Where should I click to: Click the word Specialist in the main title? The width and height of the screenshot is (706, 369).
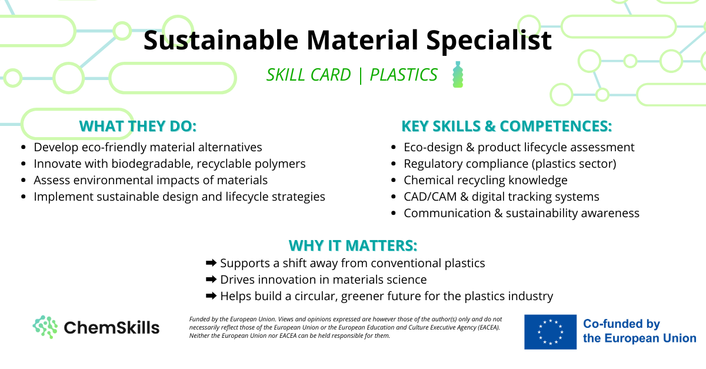(489, 41)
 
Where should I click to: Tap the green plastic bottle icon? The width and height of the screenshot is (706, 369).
(458, 74)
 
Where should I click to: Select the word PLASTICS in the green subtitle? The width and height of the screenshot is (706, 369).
(404, 75)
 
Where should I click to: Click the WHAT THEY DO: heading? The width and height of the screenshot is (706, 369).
(138, 126)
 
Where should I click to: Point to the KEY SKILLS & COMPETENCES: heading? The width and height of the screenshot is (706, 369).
(507, 126)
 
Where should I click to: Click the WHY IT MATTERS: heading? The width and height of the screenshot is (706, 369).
(353, 245)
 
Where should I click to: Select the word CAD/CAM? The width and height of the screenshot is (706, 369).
(430, 197)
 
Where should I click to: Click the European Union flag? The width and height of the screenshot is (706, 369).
(550, 332)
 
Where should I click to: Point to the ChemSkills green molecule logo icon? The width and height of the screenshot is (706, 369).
(45, 327)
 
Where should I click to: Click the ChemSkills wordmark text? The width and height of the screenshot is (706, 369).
(112, 327)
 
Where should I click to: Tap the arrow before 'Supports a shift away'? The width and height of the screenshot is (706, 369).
(211, 262)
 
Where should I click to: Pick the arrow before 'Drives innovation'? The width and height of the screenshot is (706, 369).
(211, 279)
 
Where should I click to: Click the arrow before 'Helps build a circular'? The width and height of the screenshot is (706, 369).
(211, 295)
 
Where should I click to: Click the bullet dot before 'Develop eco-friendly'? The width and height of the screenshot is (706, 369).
(24, 147)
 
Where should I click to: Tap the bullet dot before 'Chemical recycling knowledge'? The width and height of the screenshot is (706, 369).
(393, 180)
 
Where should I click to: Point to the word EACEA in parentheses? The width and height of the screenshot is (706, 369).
(488, 327)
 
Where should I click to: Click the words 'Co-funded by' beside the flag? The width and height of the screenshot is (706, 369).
(621, 324)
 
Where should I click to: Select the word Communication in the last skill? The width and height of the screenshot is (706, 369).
(447, 213)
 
